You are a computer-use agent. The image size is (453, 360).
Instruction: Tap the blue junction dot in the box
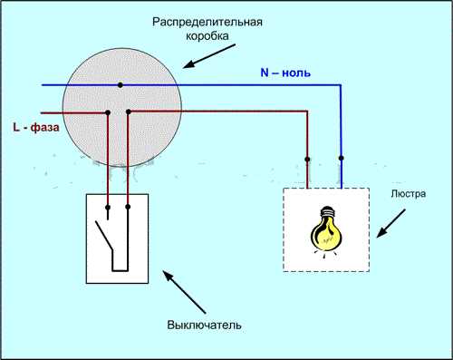point(120,86)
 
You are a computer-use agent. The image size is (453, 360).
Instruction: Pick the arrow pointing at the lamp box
point(393,224)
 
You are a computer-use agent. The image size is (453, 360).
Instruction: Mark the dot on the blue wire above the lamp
point(342,158)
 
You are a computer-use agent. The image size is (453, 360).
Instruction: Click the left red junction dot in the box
point(108,112)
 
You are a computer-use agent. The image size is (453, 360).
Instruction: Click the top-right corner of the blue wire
point(342,86)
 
